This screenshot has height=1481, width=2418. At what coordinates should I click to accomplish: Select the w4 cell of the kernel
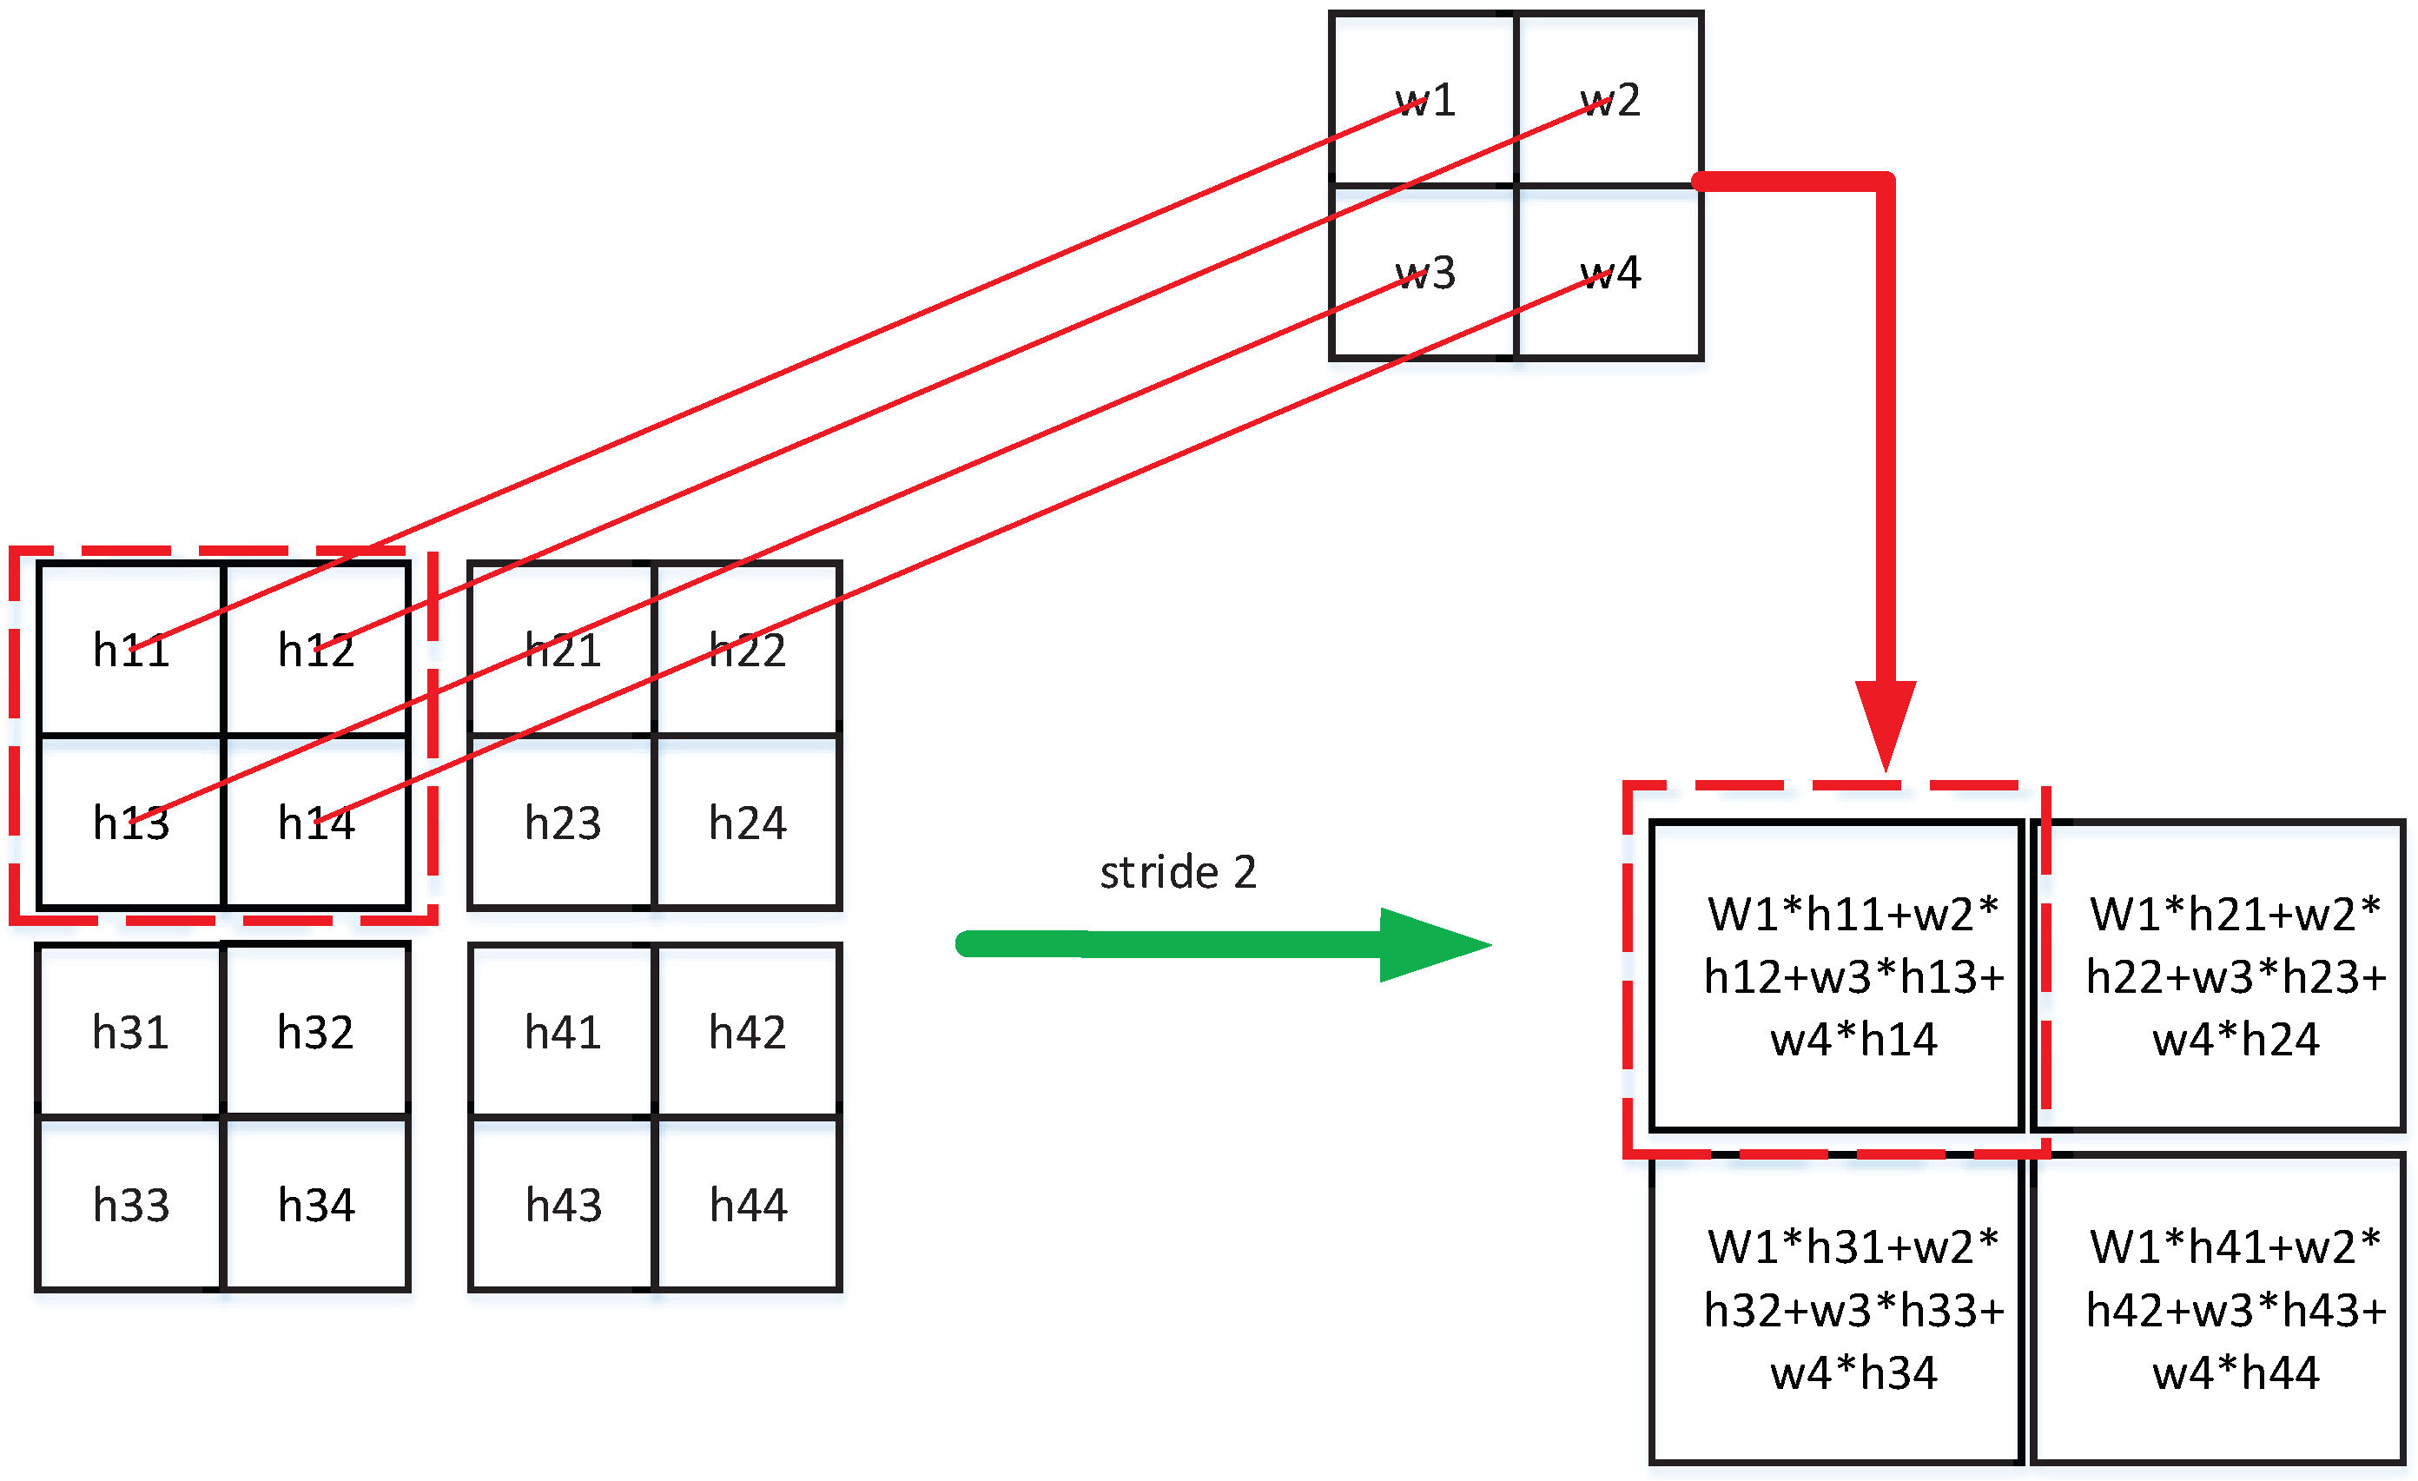point(1609,273)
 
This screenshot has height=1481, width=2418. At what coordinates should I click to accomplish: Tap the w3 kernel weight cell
point(1423,273)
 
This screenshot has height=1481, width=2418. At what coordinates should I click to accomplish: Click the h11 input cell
point(130,650)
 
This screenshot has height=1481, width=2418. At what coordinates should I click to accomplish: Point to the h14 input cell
point(316,823)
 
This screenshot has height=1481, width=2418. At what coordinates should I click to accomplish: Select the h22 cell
point(748,650)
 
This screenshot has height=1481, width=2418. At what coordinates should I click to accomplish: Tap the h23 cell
point(562,823)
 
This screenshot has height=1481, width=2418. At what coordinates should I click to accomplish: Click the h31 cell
point(130,1033)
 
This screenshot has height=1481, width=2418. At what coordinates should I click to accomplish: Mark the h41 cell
point(562,1033)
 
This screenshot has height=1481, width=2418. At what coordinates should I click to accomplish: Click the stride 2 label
point(1178,871)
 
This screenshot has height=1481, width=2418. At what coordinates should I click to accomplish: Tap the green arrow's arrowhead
point(1433,945)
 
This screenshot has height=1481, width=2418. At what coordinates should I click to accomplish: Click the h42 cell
point(748,1033)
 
